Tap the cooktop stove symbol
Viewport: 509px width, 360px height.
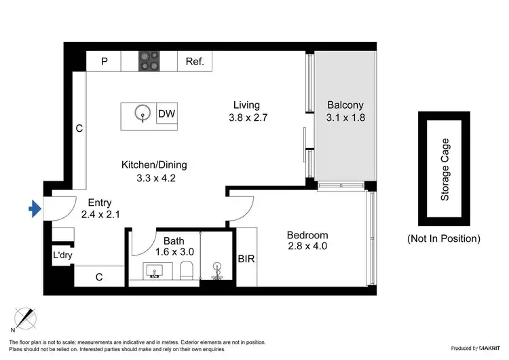tap(149, 62)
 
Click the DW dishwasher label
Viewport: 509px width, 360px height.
tap(167, 114)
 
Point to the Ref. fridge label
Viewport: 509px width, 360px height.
tap(195, 62)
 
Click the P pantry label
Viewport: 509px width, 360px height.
tap(105, 62)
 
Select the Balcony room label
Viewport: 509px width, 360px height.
tap(345, 105)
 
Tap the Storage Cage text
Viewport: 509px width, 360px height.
tap(445, 169)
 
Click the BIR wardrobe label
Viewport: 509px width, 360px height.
tap(246, 259)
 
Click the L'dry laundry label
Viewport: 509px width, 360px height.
tap(62, 256)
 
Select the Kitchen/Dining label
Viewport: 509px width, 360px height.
tap(154, 164)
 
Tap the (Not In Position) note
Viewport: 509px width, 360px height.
tap(444, 238)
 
